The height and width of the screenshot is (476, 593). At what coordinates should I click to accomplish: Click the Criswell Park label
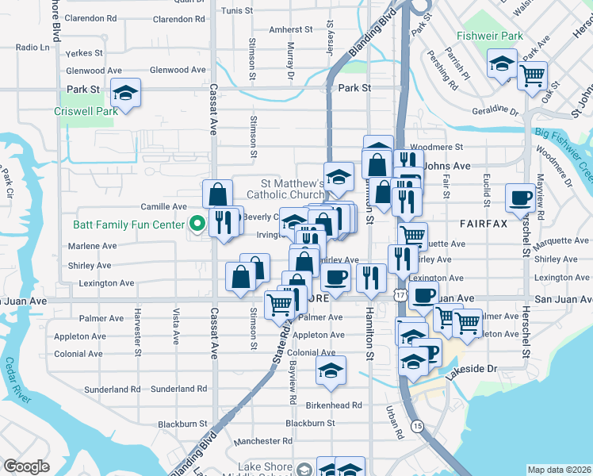pyautogui.click(x=86, y=111)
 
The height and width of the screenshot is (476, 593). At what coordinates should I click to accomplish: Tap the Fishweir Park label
pyautogui.click(x=489, y=36)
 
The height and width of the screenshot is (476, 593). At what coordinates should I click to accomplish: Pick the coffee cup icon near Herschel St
pyautogui.click(x=521, y=198)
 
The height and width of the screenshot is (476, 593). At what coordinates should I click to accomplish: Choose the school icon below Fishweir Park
pyautogui.click(x=502, y=63)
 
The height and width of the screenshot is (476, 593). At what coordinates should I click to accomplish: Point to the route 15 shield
pyautogui.click(x=418, y=426)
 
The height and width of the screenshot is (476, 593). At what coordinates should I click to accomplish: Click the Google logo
pyautogui.click(x=25, y=466)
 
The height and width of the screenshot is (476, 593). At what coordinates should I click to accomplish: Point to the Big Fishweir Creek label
pyautogui.click(x=563, y=140)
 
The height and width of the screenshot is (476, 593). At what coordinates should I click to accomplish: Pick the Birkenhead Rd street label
pyautogui.click(x=333, y=405)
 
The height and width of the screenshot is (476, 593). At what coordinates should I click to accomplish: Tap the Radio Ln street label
pyautogui.click(x=32, y=48)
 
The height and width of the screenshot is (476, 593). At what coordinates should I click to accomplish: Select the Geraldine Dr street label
pyautogui.click(x=496, y=110)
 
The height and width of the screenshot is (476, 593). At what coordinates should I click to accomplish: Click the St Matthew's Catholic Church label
pyautogui.click(x=285, y=188)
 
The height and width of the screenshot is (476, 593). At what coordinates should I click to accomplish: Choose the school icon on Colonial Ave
pyautogui.click(x=331, y=370)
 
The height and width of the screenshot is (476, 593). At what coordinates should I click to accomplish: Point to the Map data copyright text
pyautogui.click(x=560, y=469)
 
